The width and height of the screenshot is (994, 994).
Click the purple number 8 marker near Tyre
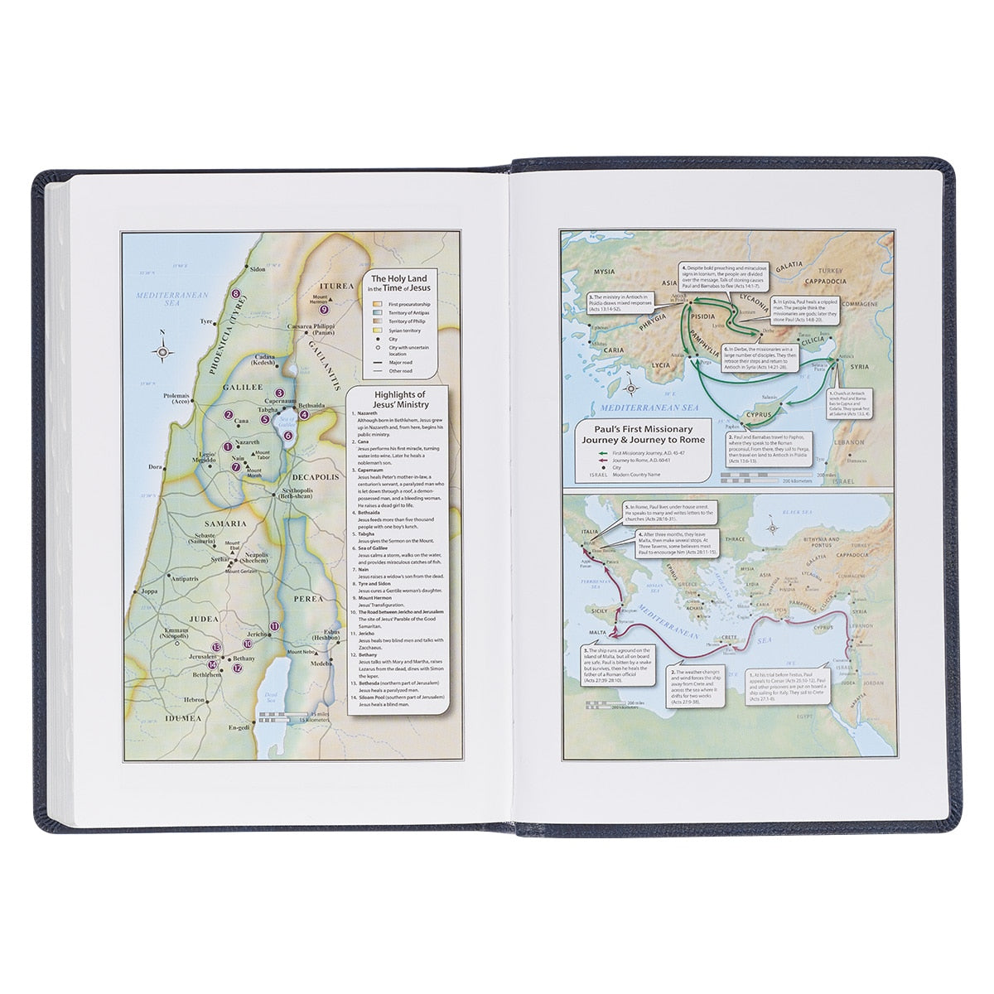(236, 293)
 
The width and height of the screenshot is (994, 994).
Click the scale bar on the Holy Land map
(285, 717)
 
